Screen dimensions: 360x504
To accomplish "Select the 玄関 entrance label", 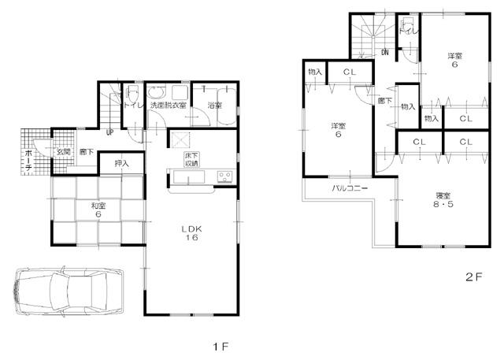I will pyautogui.click(x=63, y=151).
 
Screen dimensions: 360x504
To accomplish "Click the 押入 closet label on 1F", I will pyautogui.click(x=121, y=164).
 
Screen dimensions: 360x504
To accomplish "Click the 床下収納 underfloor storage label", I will pyautogui.click(x=191, y=160).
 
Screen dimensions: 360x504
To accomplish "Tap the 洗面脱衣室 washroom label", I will pyautogui.click(x=169, y=105).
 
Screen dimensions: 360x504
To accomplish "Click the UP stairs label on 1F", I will pyautogui.click(x=110, y=132).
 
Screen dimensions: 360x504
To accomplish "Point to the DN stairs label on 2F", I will pyautogui.click(x=385, y=53).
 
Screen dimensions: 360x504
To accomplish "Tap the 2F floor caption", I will pyautogui.click(x=472, y=276).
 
